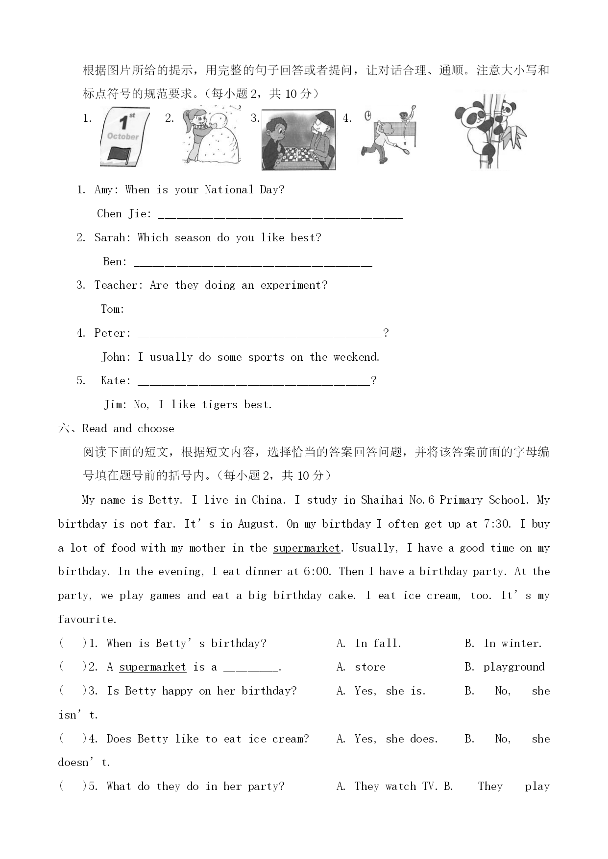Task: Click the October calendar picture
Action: tap(124, 136)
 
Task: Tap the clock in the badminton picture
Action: tap(368, 116)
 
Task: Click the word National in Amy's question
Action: tap(229, 190)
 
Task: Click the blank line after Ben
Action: tap(252, 263)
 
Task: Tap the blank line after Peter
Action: tap(260, 335)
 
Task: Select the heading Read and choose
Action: tap(128, 429)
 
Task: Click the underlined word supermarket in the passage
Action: tap(306, 548)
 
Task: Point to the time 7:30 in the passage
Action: tap(495, 524)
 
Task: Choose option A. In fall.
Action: tap(369, 644)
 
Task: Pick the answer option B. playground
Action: tap(504, 667)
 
